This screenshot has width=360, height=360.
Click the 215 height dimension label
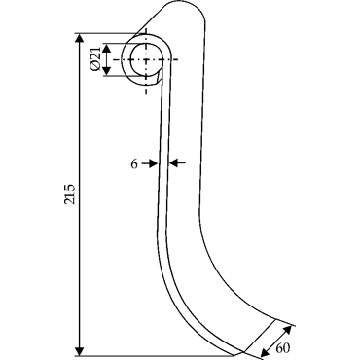point(70,195)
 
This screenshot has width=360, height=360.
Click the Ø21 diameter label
point(95,58)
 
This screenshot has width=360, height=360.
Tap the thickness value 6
point(134,164)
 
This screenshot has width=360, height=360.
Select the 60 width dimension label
point(283,348)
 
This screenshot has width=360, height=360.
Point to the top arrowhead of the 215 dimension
point(79,38)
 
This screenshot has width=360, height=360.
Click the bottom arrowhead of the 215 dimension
point(79,351)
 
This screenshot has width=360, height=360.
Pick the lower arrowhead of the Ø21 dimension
point(107,71)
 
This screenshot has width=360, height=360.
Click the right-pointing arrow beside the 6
point(150,163)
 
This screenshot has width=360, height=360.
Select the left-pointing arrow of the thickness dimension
point(177,163)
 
